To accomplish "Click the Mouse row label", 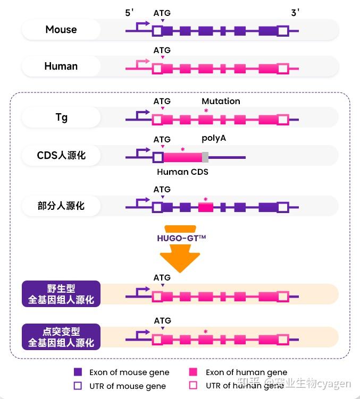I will [61, 30].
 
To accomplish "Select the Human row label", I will [61, 66].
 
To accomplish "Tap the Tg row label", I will [61, 117].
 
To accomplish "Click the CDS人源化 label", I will [61, 156].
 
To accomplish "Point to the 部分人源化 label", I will [61, 206].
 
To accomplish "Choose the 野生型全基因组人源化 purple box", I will [61, 294].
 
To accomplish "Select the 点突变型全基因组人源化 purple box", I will [61, 337].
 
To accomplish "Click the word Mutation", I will [221, 101].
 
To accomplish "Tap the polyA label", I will [214, 138].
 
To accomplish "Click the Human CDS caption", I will [182, 172].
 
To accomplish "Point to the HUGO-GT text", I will [181, 238].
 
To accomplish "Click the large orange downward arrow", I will [181, 258].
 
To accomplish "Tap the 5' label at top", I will [130, 13].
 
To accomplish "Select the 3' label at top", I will [295, 13].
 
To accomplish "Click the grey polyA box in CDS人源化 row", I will [205, 157].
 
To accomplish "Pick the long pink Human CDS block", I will [182, 157].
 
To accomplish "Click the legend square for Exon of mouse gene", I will [78, 372].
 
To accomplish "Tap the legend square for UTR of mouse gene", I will [78, 385].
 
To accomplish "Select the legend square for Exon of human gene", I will [194, 372].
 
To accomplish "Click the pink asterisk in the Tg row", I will [206, 110].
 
